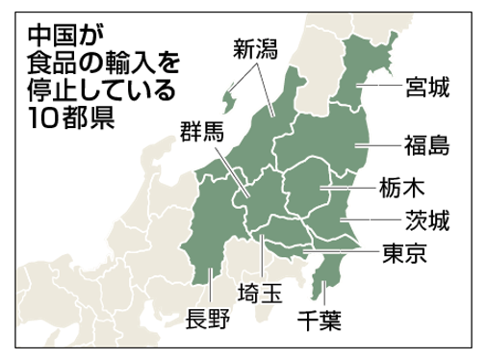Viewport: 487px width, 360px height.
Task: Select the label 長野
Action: click(x=207, y=320)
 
